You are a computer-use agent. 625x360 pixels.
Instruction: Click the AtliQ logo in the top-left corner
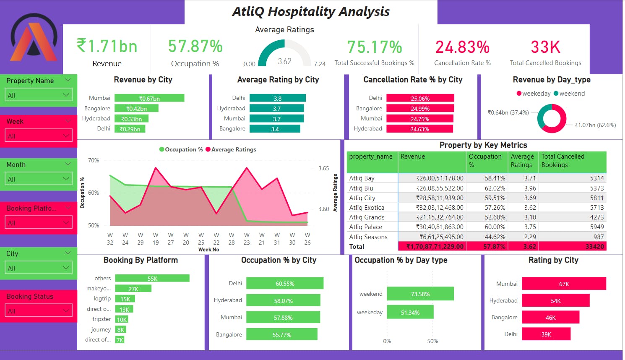(34, 38)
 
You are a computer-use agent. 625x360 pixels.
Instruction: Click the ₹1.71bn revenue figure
(107, 46)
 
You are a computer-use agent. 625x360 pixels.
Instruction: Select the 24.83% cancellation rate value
(462, 47)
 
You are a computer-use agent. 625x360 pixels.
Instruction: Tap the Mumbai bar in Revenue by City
(149, 98)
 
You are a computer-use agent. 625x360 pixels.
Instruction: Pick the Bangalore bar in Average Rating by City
(275, 129)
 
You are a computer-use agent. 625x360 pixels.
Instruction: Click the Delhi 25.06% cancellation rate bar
(420, 98)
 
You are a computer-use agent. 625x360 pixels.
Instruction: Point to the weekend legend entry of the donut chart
(569, 94)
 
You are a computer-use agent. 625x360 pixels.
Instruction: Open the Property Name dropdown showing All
(39, 95)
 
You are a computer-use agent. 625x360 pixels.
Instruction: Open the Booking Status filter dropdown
(39, 311)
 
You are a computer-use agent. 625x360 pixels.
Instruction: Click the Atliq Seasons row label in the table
(368, 237)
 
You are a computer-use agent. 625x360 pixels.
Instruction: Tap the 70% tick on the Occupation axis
(94, 160)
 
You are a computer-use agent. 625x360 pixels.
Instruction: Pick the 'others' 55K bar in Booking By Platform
(152, 278)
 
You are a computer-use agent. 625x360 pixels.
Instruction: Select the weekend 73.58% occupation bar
(420, 294)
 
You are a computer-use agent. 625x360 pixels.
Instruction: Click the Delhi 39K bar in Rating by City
(546, 334)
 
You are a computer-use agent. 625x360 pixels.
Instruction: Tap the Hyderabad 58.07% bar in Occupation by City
(283, 300)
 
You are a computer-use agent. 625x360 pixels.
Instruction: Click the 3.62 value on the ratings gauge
(284, 61)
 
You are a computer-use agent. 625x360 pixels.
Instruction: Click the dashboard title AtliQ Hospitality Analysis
(311, 12)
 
